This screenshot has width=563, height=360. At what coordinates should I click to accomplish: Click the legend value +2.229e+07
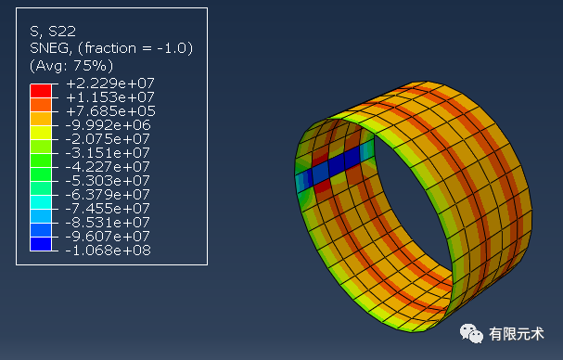pos(110,84)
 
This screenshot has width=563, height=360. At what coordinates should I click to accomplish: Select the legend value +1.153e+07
pos(110,97)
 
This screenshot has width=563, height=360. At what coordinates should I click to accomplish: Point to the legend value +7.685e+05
pos(110,111)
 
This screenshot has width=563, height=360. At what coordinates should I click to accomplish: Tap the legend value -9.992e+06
pos(108,125)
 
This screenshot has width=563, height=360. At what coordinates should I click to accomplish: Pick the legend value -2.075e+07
pos(108,139)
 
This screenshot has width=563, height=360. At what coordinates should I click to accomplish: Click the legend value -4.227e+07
pos(108,167)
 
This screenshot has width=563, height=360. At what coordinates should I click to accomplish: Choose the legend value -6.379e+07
pos(108,195)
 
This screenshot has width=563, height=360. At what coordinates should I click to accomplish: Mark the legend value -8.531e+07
pos(108,223)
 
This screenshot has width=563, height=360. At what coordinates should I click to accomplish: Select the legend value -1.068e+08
pos(108,251)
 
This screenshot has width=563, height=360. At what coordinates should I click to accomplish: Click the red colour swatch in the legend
pos(41,91)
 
